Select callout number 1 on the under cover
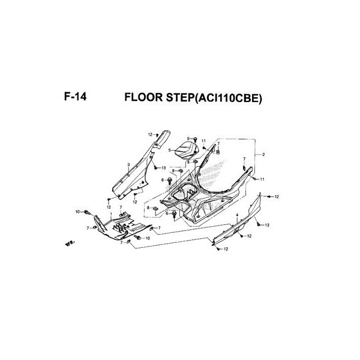coord(110,214)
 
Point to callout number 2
coord(263,155)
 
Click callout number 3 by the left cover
coord(128,163)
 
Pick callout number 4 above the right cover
coord(237,215)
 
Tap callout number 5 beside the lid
coord(170,150)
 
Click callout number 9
coord(188,139)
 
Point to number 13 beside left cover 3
coord(163,168)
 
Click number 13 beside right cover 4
coord(267,224)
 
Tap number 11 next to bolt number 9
coord(204,141)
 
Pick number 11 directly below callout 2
coord(262,179)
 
